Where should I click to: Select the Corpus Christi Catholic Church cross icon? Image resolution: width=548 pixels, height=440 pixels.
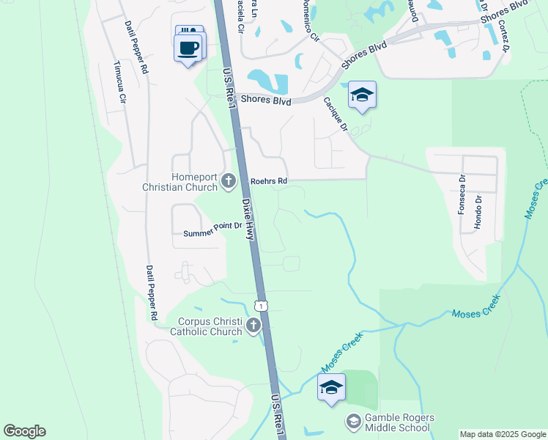tap(253, 325)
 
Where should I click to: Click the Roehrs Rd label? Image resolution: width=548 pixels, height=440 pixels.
tap(269, 180)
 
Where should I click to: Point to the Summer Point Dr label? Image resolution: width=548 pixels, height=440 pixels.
tap(212, 230)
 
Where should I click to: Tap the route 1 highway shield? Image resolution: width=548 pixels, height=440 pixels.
tap(260, 304)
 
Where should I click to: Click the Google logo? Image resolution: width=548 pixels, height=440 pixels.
tap(24, 431)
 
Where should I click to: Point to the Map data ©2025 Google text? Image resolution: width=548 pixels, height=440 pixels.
tap(502, 434)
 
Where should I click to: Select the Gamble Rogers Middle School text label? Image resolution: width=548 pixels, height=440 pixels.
tap(399, 423)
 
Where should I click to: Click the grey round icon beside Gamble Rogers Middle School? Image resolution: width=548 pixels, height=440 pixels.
tap(353, 422)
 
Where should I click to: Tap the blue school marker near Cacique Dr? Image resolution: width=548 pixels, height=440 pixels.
tap(362, 95)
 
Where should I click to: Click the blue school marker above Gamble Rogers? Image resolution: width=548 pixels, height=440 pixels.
tap(331, 388)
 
